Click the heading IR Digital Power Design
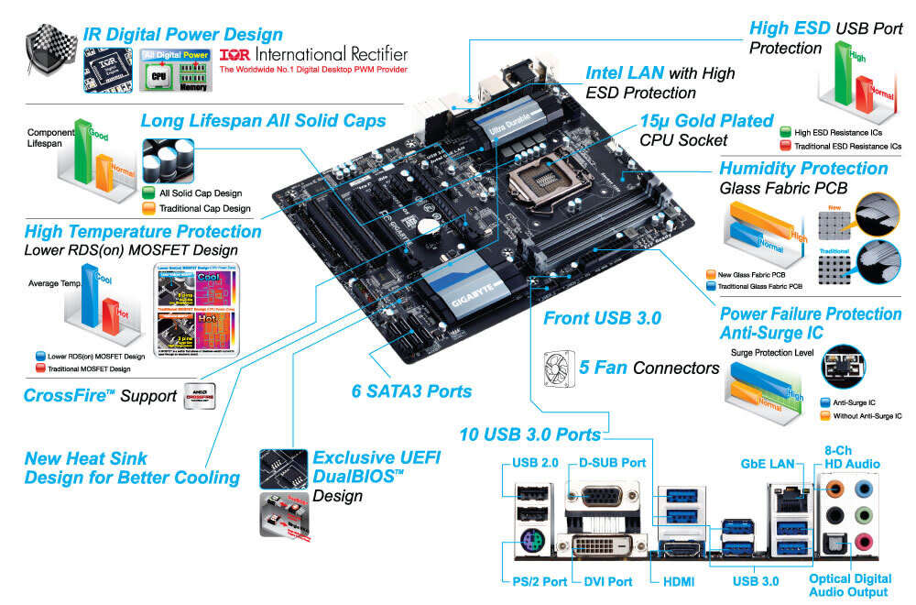pyautogui.click(x=182, y=35)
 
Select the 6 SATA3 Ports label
pyautogui.click(x=411, y=391)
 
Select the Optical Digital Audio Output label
pyautogui.click(x=848, y=586)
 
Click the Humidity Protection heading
pyautogui.click(x=802, y=169)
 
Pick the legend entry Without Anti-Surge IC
pyautogui.click(x=852, y=415)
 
